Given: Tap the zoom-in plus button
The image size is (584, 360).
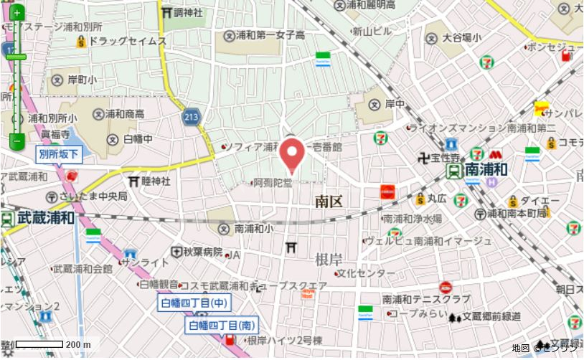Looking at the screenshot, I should point(17,13).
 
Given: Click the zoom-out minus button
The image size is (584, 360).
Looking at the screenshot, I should point(17,141).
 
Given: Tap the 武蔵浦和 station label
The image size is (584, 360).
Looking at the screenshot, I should point(46,217).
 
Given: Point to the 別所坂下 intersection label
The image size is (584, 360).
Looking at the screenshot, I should point(60,154).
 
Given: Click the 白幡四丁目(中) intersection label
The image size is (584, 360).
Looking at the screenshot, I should point(194,304).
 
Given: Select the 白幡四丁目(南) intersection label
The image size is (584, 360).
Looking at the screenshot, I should point(222,326).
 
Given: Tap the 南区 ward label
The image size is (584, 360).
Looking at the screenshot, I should point(329,202).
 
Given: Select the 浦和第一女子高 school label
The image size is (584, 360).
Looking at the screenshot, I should point(270,35).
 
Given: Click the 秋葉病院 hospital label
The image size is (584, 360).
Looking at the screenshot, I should point(202,252).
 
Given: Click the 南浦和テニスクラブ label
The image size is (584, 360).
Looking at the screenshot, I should point(426,299).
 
